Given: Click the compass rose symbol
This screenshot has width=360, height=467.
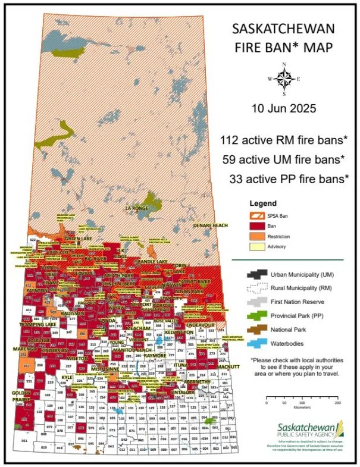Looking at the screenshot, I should [x=284, y=79].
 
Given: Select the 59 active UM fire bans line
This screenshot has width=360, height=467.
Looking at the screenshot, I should [x=283, y=159].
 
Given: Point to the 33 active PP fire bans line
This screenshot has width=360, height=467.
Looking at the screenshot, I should [x=288, y=178].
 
